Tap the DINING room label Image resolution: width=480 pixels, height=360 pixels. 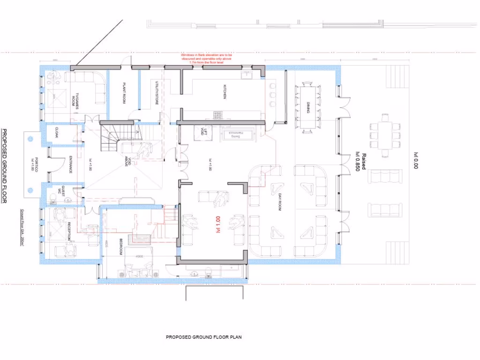(x=307, y=107)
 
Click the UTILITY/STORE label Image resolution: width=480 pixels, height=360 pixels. (x=157, y=92)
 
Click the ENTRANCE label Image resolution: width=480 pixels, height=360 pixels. (x=70, y=164)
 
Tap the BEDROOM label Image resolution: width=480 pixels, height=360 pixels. (x=121, y=246)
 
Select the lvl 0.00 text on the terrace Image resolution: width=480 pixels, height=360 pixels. (x=415, y=160)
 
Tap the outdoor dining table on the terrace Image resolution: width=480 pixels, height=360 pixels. (x=385, y=135)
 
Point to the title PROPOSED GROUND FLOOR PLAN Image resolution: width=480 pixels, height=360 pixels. (x=203, y=337)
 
